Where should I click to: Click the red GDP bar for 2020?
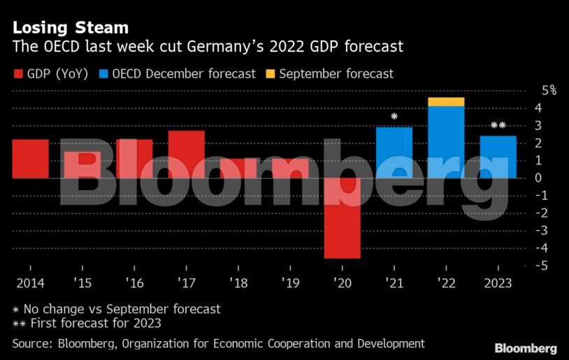point(342,218)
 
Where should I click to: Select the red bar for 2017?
point(186,154)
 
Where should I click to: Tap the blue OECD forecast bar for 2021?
point(394,152)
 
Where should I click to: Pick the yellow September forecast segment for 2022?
point(446,102)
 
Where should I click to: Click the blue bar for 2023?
point(498,157)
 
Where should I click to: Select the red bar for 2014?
point(30,159)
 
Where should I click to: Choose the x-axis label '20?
point(342,283)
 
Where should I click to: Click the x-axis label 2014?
point(30,283)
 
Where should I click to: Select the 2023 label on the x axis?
point(498,283)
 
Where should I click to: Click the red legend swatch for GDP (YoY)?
point(18,73)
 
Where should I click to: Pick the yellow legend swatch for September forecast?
point(270,73)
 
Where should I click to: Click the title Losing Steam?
point(70,28)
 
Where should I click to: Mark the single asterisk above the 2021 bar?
point(394,117)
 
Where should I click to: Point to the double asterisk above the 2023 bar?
point(498,126)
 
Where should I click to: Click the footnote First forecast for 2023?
point(87,323)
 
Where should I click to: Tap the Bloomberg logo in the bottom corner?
point(526,347)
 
